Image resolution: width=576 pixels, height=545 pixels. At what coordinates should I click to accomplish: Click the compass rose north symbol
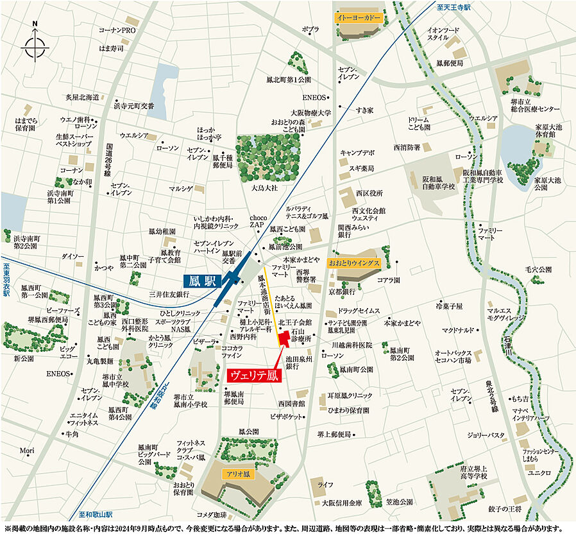35,44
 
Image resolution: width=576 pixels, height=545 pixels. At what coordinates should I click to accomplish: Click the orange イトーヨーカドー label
359,18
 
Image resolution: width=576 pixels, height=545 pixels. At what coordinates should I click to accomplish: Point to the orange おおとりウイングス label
354,263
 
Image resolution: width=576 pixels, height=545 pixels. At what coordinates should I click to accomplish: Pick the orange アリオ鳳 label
237,474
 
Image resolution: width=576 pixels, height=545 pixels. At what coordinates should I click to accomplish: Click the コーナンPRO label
117,30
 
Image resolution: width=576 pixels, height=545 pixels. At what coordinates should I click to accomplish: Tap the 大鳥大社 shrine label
264,188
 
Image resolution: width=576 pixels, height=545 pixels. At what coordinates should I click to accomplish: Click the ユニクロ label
539,473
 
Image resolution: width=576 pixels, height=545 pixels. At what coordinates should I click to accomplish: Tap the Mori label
26,450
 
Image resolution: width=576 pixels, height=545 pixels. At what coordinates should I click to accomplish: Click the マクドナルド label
458,330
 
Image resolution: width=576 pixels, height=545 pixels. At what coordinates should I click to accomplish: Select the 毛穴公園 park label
538,270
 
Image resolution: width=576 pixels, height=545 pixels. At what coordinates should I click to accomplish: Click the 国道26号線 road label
108,160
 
